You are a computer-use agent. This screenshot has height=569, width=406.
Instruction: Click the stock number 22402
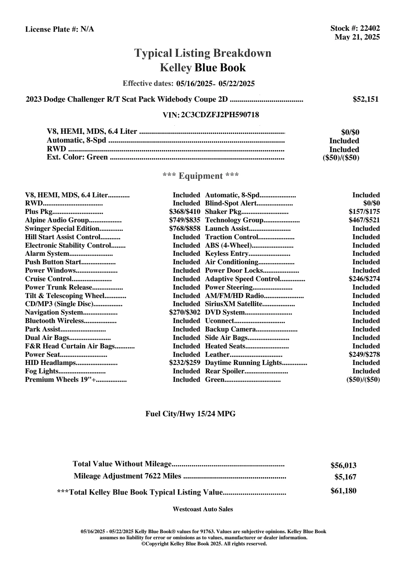pyautogui.click(x=370, y=29)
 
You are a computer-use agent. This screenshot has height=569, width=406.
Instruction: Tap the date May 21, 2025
pyautogui.click(x=357, y=37)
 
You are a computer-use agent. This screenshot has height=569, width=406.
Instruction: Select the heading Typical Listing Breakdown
pyautogui.click(x=203, y=53)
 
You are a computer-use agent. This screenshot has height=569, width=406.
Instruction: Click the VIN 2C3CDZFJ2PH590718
pyautogui.click(x=220, y=115)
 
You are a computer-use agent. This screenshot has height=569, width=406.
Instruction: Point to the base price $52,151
pyautogui.click(x=365, y=99)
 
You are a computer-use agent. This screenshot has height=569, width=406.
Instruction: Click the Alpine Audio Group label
pyautogui.click(x=57, y=220)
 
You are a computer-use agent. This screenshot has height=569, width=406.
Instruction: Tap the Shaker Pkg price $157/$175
pyautogui.click(x=364, y=212)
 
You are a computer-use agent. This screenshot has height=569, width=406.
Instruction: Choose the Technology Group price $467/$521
pyautogui.click(x=364, y=220)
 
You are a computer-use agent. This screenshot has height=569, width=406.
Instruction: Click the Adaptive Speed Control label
pyautogui.click(x=242, y=279)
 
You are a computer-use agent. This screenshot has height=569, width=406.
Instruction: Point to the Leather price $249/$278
pyautogui.click(x=364, y=355)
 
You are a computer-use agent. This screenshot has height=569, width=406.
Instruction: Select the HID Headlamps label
pyautogui.click(x=50, y=363)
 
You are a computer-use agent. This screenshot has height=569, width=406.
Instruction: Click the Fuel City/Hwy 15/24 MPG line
pyautogui.click(x=190, y=414)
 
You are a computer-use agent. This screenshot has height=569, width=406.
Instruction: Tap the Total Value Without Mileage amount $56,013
pyautogui.click(x=343, y=466)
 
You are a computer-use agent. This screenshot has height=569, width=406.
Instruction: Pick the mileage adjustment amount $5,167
pyautogui.click(x=345, y=477)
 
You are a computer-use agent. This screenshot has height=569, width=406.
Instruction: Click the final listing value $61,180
pyautogui.click(x=343, y=491)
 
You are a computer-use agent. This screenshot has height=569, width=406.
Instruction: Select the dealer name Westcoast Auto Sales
pyautogui.click(x=202, y=509)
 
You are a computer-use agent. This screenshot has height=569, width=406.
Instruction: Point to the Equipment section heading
pyautogui.click(x=200, y=176)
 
